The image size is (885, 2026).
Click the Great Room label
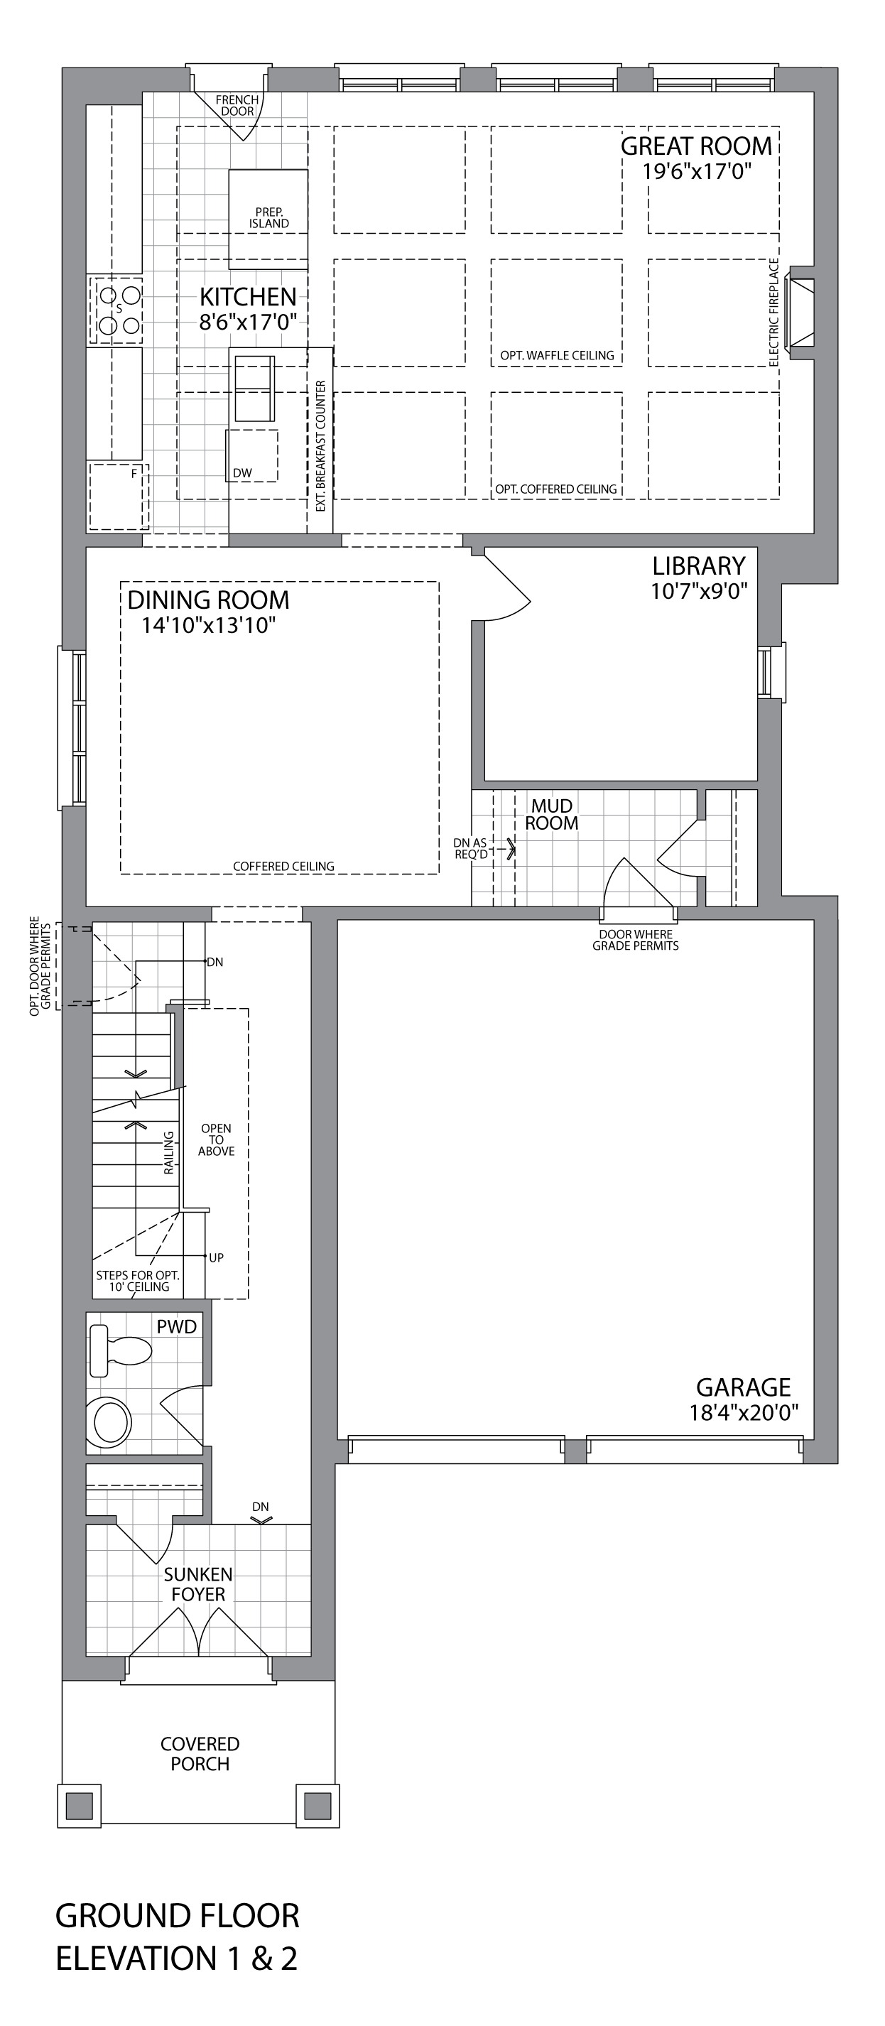[696, 146]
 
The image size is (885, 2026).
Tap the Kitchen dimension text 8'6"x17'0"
[248, 323]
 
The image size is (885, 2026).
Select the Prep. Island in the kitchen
[268, 219]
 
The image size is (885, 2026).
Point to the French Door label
[237, 105]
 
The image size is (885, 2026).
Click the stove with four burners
[117, 310]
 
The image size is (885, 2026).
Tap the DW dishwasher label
[242, 472]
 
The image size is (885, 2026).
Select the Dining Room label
[209, 600]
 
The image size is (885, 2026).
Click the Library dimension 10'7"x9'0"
[699, 590]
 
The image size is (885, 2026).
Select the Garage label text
[744, 1387]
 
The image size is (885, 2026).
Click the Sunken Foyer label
[198, 1584]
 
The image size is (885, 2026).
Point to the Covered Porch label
[200, 1753]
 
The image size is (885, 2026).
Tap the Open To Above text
[217, 1139]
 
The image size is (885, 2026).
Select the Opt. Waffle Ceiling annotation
[557, 355]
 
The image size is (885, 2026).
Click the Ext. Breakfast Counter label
[320, 446]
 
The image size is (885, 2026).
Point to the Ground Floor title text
[177, 1916]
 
